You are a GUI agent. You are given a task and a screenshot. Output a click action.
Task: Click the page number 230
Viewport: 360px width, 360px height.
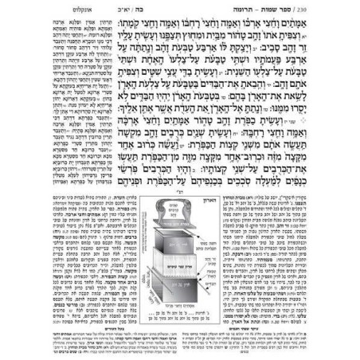click(x=348, y=11)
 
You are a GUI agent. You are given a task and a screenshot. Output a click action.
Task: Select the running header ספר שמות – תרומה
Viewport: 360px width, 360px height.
click(x=311, y=11)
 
